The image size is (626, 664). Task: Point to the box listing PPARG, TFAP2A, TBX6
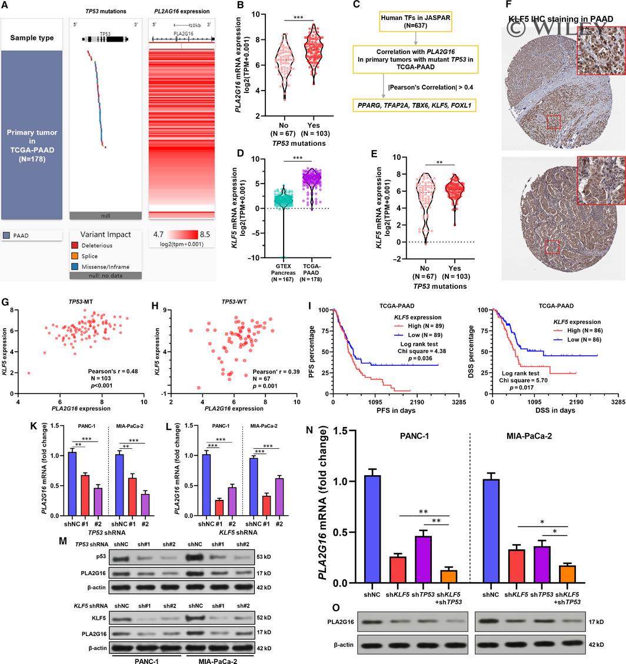point(415,106)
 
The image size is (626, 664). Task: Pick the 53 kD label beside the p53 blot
point(264,556)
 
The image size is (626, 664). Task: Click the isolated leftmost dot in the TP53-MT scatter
point(29,373)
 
